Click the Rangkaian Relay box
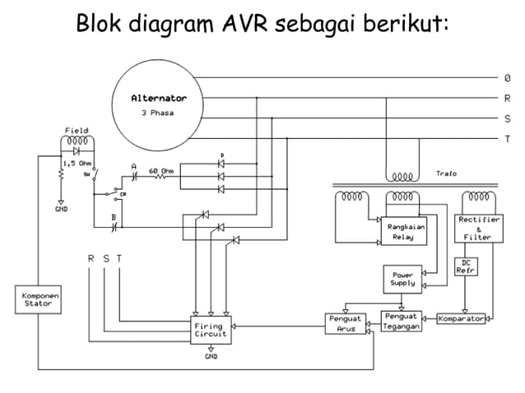(402, 231)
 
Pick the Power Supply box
(402, 279)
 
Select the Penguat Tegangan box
(402, 321)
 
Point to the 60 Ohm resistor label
(160, 171)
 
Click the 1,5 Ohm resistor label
(77, 164)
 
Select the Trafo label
(447, 173)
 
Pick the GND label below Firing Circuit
(211, 356)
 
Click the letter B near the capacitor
(113, 218)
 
